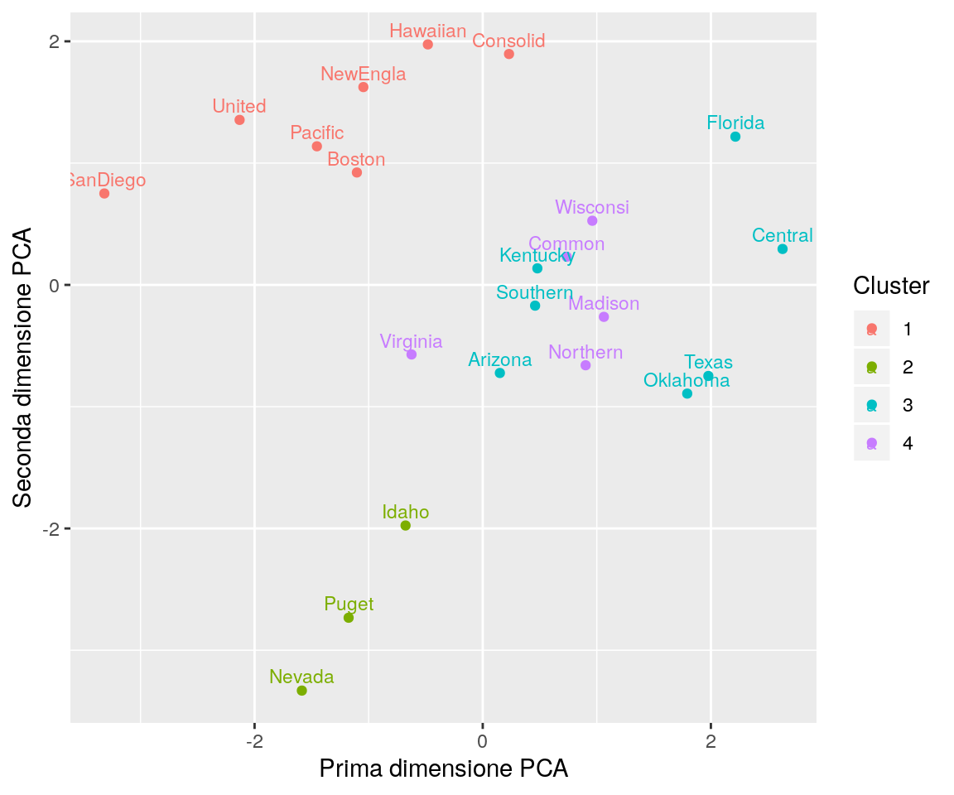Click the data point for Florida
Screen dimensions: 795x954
pos(735,137)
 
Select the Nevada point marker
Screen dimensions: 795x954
pos(301,691)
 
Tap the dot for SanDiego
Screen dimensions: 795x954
pos(104,194)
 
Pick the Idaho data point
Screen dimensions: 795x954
pos(405,526)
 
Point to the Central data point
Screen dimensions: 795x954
pos(782,249)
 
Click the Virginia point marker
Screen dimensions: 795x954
pos(411,354)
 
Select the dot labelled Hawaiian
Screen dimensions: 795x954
pos(427,45)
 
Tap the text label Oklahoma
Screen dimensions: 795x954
pos(687,381)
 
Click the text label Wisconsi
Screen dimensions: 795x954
pos(592,207)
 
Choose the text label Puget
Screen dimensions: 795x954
pos(349,605)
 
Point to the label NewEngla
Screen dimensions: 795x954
pos(364,75)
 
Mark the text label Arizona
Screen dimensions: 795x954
pos(499,360)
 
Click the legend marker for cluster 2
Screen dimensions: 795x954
pos(871,367)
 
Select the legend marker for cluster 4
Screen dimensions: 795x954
pos(871,444)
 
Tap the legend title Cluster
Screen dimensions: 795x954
pos(891,287)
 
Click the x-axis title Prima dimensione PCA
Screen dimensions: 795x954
pos(444,769)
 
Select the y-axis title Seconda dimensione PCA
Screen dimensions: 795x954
pos(23,367)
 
